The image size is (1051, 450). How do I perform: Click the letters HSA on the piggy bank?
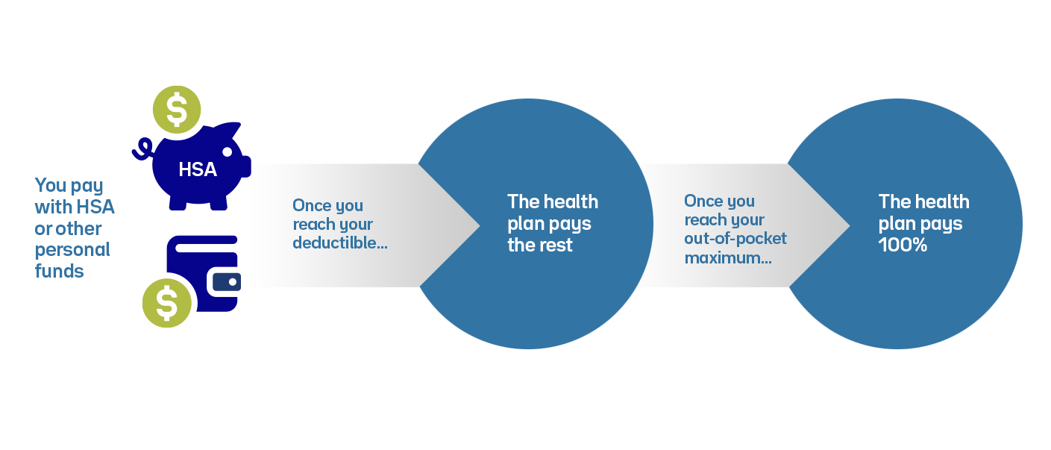click(198, 170)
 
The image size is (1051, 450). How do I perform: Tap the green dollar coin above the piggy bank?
click(177, 110)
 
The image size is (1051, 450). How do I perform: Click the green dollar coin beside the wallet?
click(166, 303)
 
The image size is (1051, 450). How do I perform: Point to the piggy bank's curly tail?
click(141, 149)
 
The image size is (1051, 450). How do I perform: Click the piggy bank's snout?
click(245, 166)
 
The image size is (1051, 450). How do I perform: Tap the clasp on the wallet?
click(227, 282)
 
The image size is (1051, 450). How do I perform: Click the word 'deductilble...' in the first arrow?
click(339, 243)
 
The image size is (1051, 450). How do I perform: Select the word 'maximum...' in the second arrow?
click(727, 259)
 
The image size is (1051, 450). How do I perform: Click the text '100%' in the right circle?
click(903, 245)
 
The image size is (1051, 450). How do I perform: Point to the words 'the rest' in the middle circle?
click(540, 245)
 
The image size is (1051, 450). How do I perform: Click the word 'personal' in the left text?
click(72, 249)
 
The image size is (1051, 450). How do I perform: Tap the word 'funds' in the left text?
click(60, 271)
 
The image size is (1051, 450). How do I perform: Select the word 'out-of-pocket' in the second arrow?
click(735, 239)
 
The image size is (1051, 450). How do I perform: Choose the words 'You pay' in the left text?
click(69, 185)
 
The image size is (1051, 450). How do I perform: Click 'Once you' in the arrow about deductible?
click(327, 205)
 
